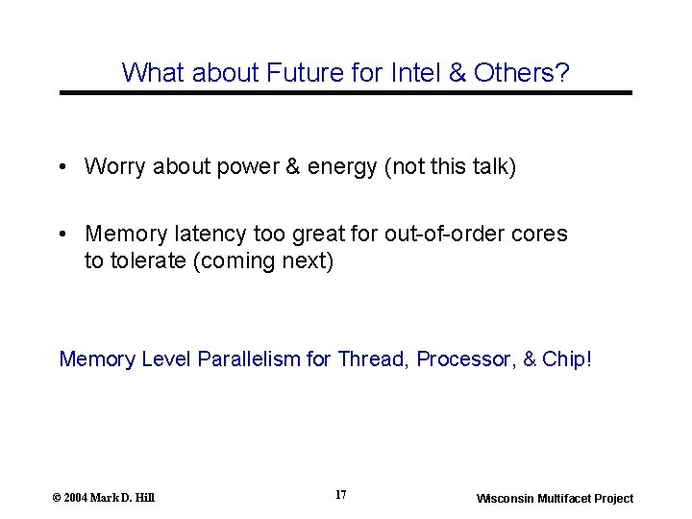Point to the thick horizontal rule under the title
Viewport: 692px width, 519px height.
tap(346, 92)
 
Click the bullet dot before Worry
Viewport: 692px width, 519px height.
tap(62, 167)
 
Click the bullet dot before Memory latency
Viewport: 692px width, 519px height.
tap(62, 234)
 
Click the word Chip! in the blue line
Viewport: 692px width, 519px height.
tap(567, 359)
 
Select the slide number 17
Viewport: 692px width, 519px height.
tap(341, 495)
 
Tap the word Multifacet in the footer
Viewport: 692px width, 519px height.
tap(573, 498)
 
